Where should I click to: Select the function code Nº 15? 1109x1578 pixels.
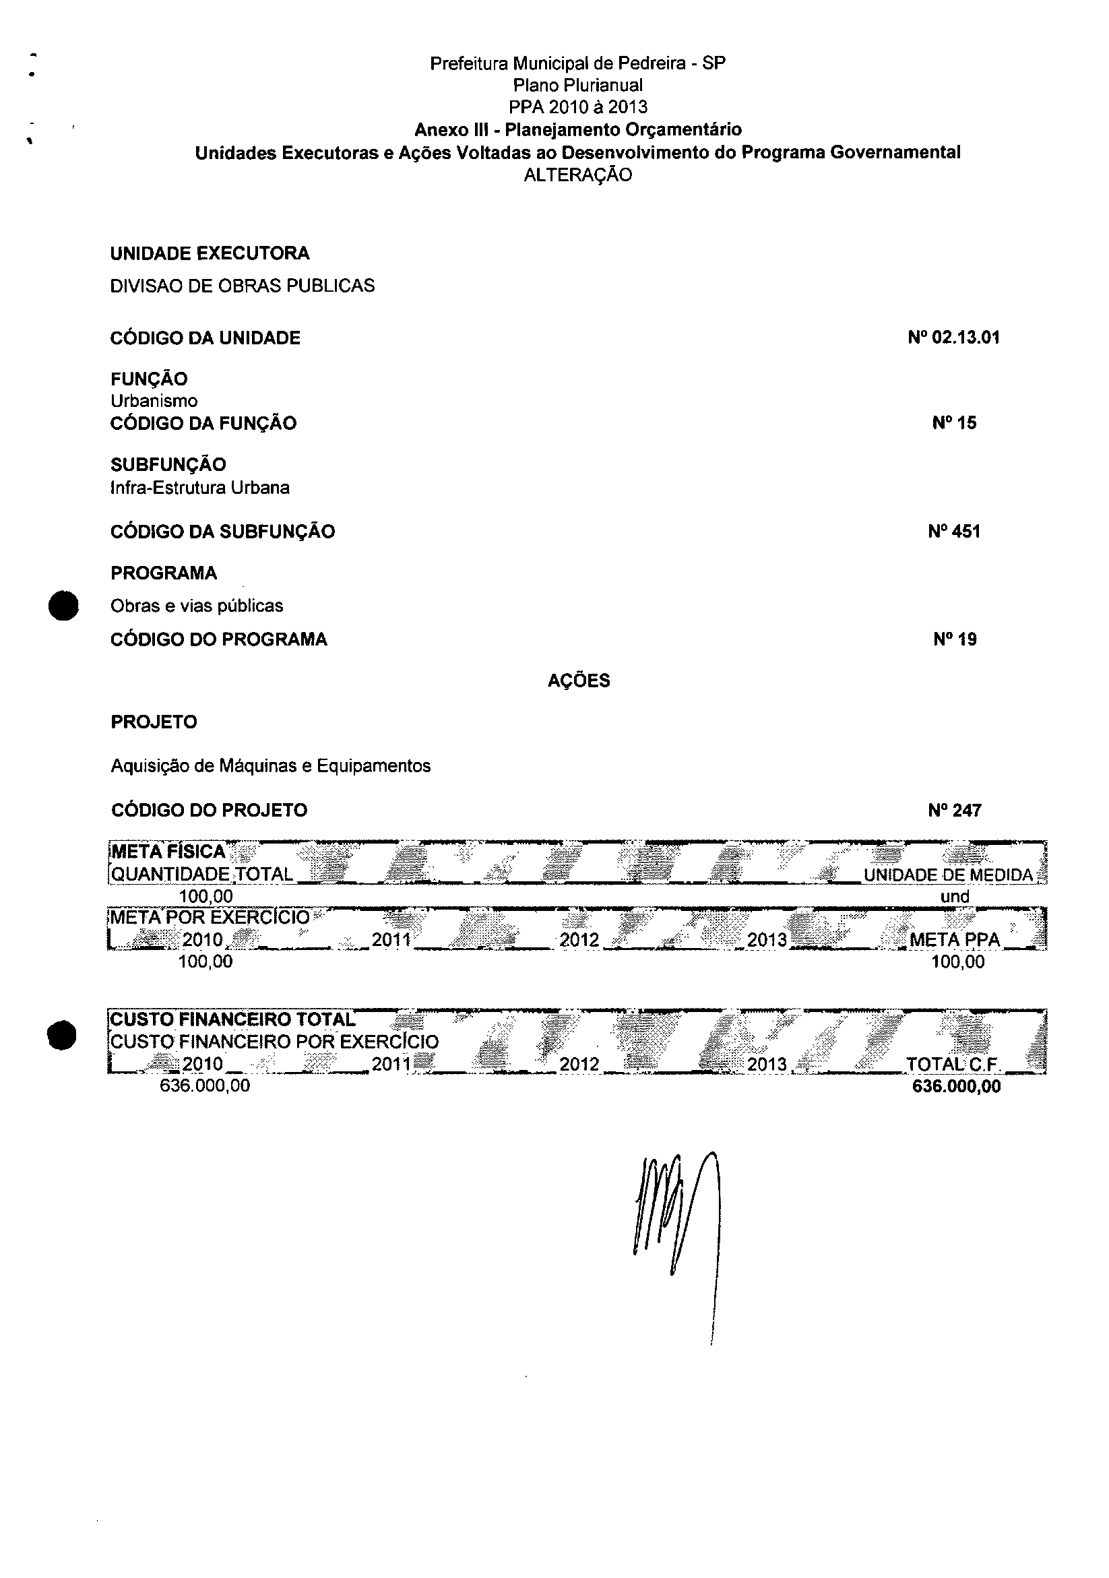[x=954, y=422]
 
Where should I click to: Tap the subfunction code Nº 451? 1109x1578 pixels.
[x=954, y=531]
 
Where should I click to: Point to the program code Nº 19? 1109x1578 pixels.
[x=955, y=639]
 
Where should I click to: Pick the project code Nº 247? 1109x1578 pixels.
[x=955, y=811]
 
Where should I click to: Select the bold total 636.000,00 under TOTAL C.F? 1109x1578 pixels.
[x=956, y=1086]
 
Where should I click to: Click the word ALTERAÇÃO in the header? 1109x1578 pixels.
[x=577, y=175]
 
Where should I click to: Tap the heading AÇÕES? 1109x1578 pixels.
[x=579, y=681]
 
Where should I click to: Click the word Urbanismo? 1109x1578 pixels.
[x=154, y=401]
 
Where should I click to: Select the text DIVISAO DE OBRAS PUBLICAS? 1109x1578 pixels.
[x=243, y=286]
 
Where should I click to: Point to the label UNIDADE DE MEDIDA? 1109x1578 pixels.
[x=948, y=875]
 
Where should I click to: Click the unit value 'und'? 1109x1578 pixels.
[x=955, y=896]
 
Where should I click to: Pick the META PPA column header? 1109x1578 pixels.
[x=955, y=939]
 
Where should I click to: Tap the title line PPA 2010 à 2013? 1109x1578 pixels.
[x=578, y=106]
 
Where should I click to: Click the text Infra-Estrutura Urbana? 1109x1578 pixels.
[x=200, y=488]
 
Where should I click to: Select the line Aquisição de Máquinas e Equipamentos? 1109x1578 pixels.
[x=271, y=765]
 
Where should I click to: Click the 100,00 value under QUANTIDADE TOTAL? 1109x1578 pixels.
[x=205, y=896]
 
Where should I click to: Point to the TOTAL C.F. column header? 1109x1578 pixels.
[x=953, y=1065]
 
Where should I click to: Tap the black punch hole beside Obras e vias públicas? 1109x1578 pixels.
[x=63, y=606]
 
